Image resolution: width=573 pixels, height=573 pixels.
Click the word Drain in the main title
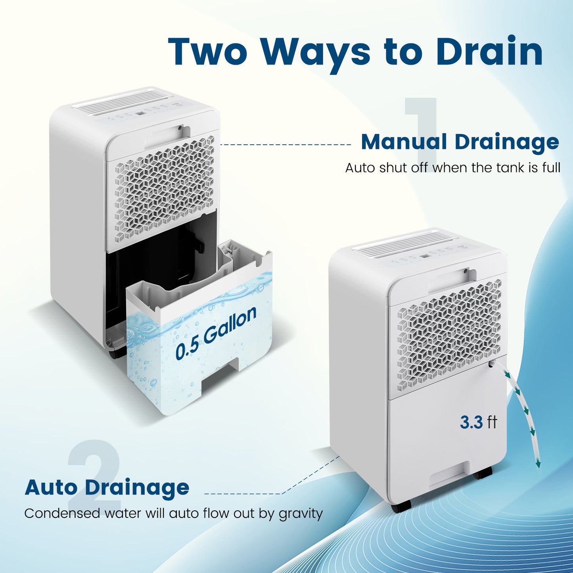[489, 52]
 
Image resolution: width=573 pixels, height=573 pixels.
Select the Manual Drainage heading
[460, 142]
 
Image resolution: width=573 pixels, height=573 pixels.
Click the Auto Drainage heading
[107, 487]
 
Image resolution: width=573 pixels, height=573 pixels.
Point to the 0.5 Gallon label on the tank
[216, 333]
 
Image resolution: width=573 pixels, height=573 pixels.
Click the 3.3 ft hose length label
[478, 422]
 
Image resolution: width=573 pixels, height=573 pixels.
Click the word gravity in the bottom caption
[301, 514]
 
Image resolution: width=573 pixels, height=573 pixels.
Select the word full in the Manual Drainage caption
[551, 168]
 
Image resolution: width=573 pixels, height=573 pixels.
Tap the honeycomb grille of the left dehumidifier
[165, 188]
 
